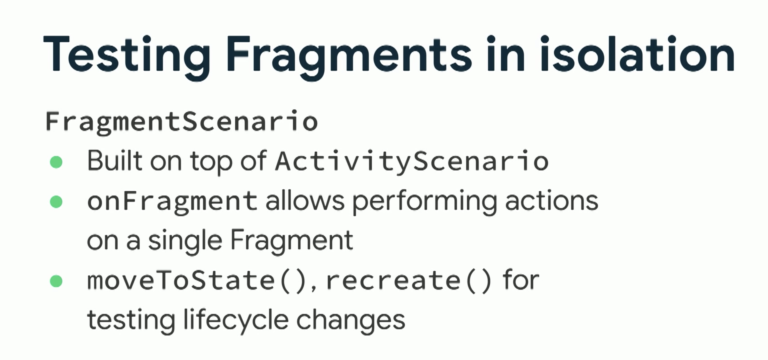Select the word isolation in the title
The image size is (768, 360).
(637, 54)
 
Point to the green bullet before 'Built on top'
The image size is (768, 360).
(56, 162)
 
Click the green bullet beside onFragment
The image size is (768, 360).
(56, 202)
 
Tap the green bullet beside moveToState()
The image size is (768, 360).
(56, 281)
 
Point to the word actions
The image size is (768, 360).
(552, 201)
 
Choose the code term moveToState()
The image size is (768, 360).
(197, 281)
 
